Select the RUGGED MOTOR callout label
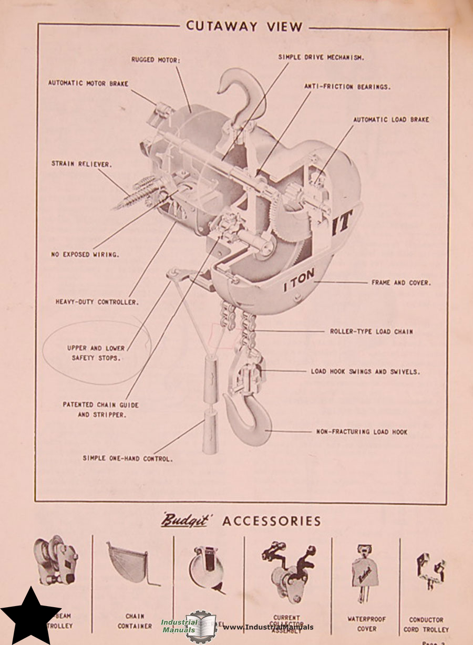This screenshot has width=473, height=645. click(156, 60)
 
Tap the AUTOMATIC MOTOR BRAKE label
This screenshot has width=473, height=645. click(88, 83)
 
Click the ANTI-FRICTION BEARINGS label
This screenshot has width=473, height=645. click(347, 87)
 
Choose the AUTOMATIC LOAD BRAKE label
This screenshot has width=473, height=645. click(390, 120)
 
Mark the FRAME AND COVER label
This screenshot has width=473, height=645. click(401, 283)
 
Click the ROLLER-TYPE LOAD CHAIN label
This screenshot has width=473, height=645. click(371, 331)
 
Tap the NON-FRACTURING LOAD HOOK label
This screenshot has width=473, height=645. click(362, 432)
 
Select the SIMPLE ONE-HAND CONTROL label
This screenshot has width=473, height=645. click(128, 458)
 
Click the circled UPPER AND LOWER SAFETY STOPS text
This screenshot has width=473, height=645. click(96, 353)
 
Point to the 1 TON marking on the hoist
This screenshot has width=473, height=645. click(299, 286)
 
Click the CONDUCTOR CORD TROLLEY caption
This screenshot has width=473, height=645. click(426, 625)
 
